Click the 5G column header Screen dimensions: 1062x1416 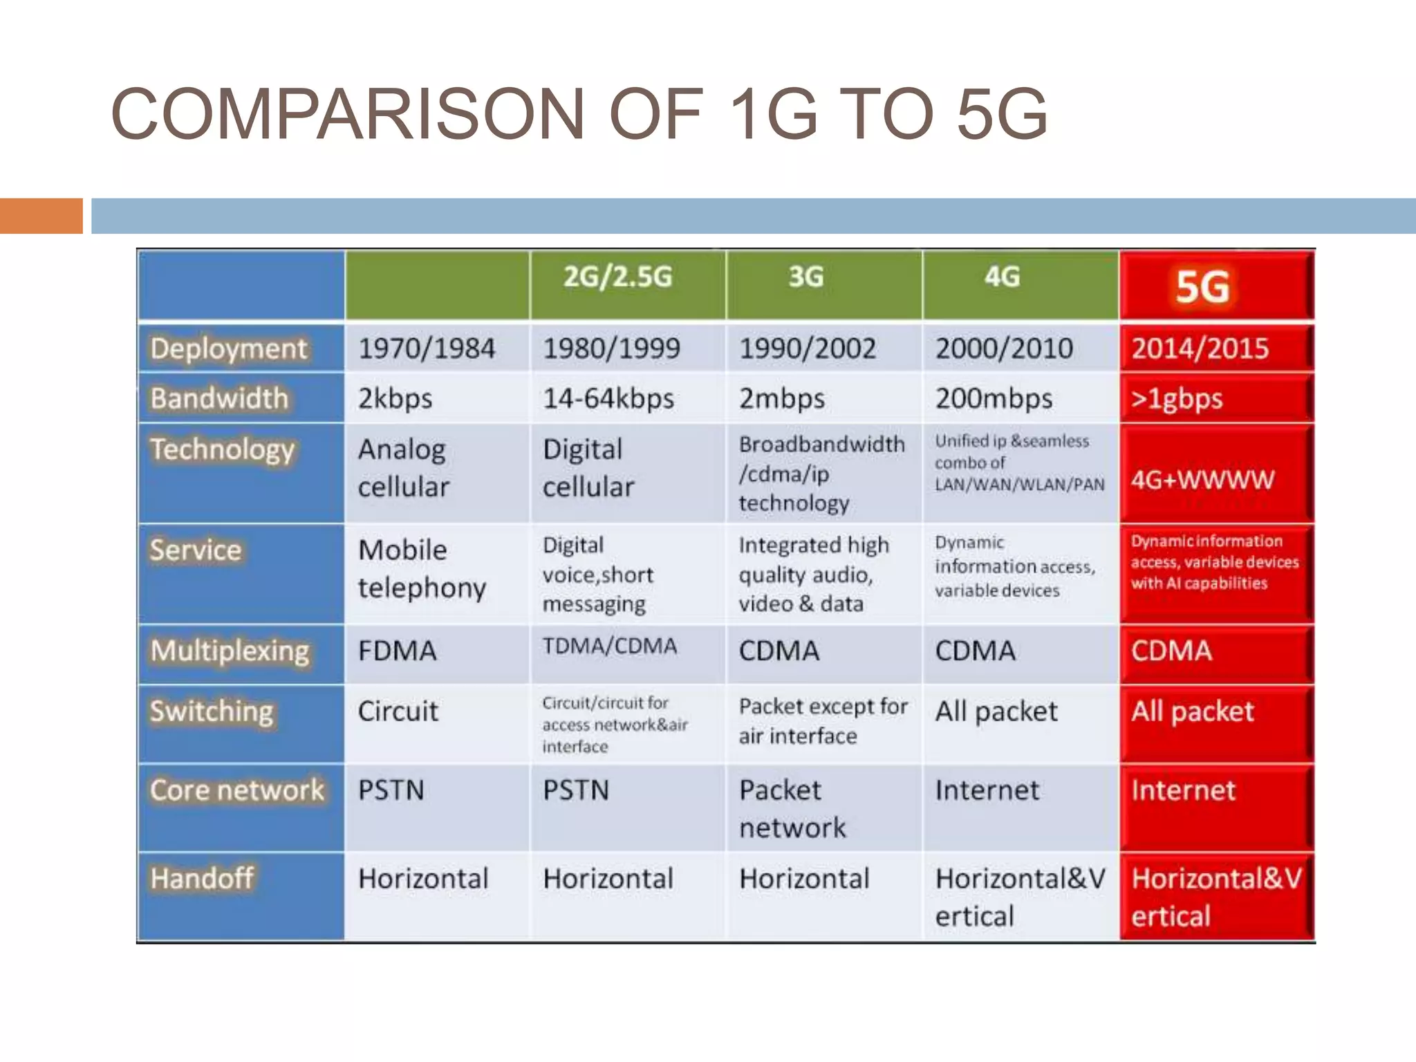1203,287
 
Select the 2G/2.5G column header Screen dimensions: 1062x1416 617,277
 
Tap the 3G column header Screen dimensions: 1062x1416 806,277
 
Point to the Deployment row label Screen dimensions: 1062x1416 229,348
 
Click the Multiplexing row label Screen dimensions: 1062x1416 230,651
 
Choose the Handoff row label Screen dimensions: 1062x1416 202,879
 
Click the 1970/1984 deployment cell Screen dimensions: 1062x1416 427,348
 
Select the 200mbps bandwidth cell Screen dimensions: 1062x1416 994,399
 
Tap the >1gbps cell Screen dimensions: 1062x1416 1177,399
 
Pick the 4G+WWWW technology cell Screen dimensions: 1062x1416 1202,479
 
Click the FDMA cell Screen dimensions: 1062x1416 398,651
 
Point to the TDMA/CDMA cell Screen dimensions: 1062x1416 610,646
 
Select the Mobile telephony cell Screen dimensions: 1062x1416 422,569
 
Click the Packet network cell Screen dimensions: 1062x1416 792,809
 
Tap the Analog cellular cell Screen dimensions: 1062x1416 404,468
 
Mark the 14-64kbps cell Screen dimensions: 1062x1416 608,399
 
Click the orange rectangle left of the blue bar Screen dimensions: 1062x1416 41,216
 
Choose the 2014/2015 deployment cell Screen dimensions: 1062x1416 1200,348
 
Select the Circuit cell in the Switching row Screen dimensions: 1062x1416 398,711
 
